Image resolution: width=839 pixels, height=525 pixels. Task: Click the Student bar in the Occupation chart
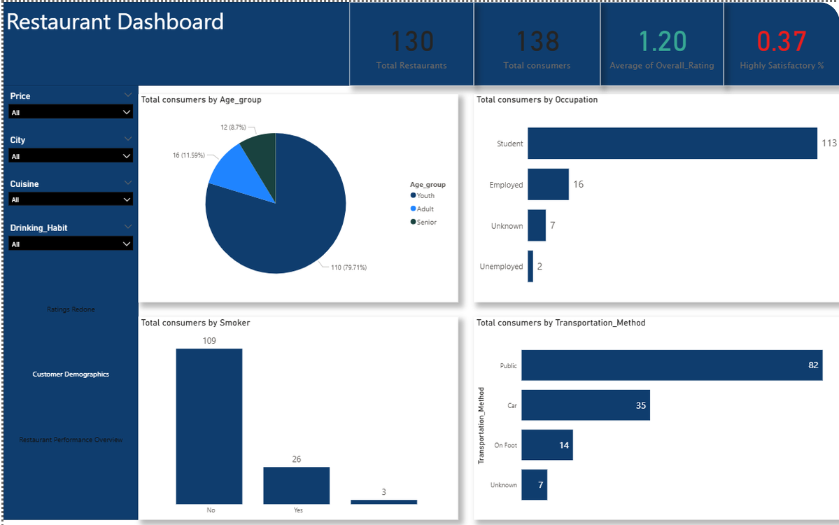point(672,143)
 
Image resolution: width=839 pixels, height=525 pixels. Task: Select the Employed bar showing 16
point(548,185)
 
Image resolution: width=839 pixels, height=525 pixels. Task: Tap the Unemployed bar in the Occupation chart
point(530,267)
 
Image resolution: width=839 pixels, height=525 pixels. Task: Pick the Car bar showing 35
point(586,405)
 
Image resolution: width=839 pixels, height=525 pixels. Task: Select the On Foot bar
point(547,445)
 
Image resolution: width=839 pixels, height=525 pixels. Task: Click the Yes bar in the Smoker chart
point(296,485)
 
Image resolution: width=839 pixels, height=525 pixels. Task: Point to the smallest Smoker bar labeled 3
point(383,501)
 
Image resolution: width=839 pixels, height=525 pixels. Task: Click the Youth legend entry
point(425,196)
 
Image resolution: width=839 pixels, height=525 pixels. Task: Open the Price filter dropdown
point(70,112)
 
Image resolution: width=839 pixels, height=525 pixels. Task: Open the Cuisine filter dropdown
point(70,200)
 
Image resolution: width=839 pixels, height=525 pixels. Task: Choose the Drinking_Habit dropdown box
point(70,244)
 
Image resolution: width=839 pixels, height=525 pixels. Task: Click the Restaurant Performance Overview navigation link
point(71,440)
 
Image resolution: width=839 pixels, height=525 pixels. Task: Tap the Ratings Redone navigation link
point(71,309)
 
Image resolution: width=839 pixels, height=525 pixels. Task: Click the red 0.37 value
point(782,42)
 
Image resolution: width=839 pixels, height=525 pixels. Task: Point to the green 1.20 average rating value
point(662,42)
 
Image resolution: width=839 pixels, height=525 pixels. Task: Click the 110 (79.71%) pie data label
point(348,267)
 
